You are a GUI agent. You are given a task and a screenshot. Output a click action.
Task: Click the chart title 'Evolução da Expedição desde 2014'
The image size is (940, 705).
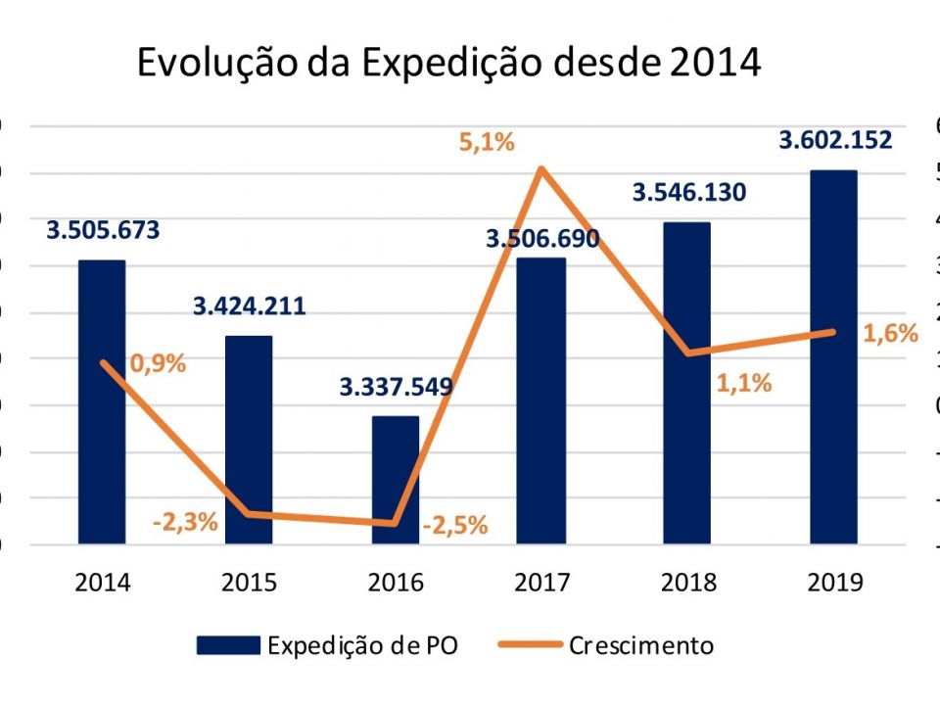click(448, 62)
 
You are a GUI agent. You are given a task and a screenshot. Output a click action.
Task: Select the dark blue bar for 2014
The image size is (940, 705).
click(102, 401)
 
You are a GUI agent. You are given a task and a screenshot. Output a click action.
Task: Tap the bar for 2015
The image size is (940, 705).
click(249, 441)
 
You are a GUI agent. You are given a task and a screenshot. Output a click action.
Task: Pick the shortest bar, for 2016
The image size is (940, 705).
click(396, 480)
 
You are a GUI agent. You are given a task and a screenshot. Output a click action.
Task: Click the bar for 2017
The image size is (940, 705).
click(541, 401)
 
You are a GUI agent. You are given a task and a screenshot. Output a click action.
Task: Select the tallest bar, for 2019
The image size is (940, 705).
click(834, 357)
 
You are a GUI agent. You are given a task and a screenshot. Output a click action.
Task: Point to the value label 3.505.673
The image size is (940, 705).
click(103, 231)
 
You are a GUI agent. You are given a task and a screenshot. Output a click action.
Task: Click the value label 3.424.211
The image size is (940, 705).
click(249, 305)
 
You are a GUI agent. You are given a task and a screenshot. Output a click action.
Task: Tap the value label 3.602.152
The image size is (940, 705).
click(835, 141)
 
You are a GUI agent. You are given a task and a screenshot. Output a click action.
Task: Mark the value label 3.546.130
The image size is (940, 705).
click(689, 192)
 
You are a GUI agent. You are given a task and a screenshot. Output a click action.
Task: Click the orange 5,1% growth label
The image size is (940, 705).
click(487, 143)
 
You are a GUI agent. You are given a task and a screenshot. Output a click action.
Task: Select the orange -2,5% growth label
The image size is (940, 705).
click(455, 526)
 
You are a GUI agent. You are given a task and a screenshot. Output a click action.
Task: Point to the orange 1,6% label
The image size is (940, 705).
click(890, 334)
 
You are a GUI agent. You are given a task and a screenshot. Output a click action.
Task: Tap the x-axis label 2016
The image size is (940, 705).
click(396, 583)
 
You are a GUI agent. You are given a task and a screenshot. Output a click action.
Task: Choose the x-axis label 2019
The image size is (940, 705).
click(835, 583)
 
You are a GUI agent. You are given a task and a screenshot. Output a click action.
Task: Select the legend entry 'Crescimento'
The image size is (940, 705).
click(606, 645)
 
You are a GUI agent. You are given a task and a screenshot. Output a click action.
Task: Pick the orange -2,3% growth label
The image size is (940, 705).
click(185, 522)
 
